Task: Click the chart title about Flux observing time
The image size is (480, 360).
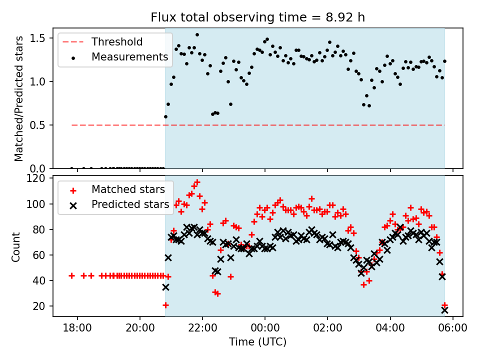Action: tap(257, 17)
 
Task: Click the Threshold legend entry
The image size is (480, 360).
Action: tap(117, 42)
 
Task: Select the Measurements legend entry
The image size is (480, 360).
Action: tap(129, 57)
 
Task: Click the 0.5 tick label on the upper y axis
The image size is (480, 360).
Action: tap(40, 125)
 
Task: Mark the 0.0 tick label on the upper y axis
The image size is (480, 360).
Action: tap(40, 168)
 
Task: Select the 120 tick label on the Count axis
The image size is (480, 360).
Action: tap(38, 178)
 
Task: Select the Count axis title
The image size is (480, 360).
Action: tap(16, 246)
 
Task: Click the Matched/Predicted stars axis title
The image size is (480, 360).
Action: tap(18, 98)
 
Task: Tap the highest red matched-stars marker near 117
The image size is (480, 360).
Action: tap(197, 182)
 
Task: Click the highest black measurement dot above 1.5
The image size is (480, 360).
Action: tap(197, 35)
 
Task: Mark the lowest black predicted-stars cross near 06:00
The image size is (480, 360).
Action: tap(444, 310)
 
